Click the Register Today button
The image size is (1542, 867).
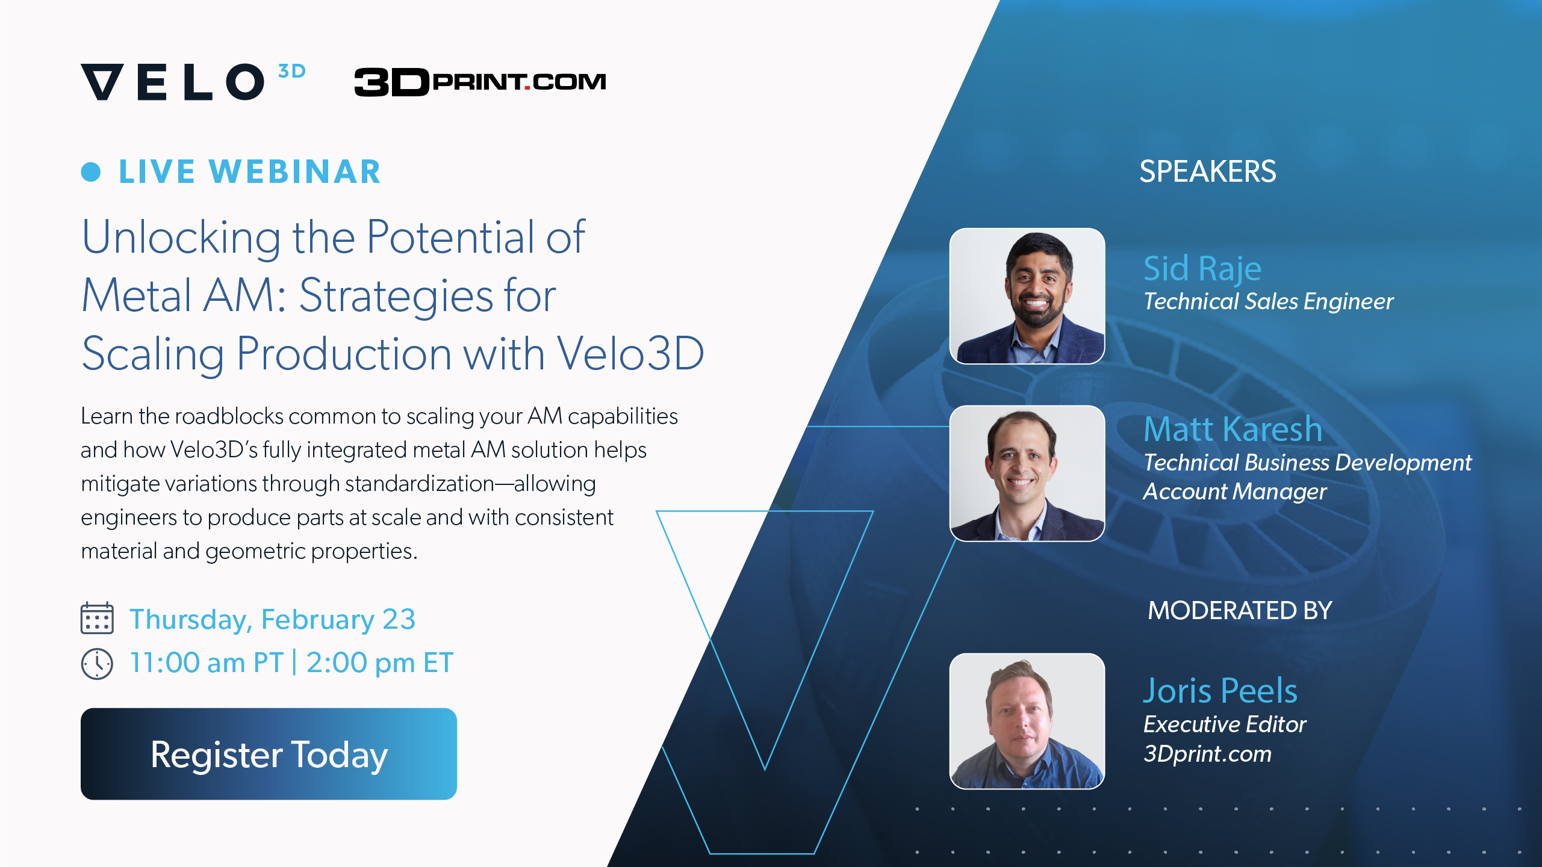[x=269, y=754]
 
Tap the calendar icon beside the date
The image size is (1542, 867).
[x=97, y=618]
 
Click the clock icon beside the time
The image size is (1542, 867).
[x=97, y=664]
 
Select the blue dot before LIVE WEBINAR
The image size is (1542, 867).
[x=91, y=171]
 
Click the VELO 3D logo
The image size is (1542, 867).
[x=193, y=81]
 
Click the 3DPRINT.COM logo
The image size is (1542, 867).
[x=480, y=81]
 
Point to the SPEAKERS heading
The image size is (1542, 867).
[x=1207, y=171]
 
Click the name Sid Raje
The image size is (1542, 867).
[x=1202, y=268]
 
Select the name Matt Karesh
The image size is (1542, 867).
[x=1233, y=429]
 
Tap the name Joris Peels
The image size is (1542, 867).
[x=1220, y=690]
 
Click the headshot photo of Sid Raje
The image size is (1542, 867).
[x=1027, y=296]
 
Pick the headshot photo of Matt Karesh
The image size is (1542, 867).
[x=1027, y=474]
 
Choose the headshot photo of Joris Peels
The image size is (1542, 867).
[x=1027, y=721]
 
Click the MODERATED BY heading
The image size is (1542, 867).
[x=1239, y=611]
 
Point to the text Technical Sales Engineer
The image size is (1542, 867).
[x=1268, y=301]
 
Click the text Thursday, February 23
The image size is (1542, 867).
[x=272, y=619]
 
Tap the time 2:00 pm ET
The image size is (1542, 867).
[x=379, y=663]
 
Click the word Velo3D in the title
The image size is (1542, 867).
[x=630, y=353]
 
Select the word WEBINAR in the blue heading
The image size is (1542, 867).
[x=295, y=171]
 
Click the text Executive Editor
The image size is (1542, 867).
[x=1224, y=724]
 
